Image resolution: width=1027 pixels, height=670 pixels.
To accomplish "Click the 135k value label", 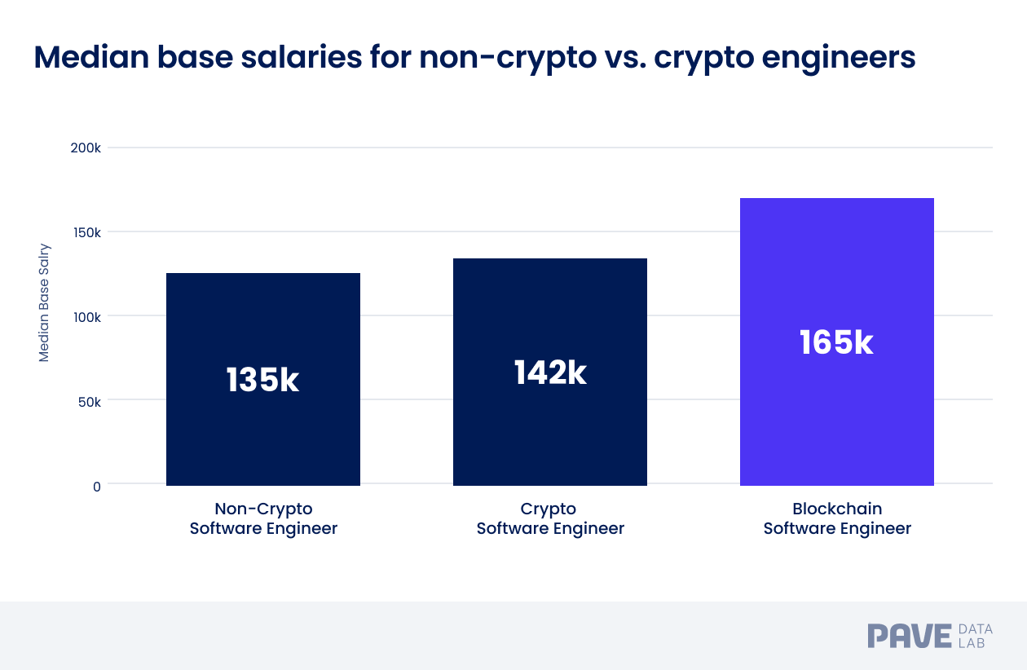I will click(262, 381).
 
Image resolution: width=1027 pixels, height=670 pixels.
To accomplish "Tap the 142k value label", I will click(550, 372).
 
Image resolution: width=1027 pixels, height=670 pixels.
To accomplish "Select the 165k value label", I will click(836, 342).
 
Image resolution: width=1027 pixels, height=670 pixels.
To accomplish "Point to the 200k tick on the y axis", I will click(86, 148).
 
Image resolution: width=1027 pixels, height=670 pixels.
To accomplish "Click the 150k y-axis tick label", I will click(86, 232).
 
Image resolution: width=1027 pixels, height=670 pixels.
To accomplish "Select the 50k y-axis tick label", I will click(89, 401).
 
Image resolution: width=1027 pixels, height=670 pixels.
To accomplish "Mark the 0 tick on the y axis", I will click(96, 486).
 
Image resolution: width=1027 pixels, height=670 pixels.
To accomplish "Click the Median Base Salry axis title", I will click(44, 302).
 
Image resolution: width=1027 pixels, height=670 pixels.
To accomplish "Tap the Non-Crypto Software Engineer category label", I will click(263, 518).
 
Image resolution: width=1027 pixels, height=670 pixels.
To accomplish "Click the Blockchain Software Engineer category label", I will click(837, 518).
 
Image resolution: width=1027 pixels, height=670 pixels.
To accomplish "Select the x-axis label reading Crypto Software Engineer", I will click(550, 518).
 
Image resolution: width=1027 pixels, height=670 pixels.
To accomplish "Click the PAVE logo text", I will click(910, 636).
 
